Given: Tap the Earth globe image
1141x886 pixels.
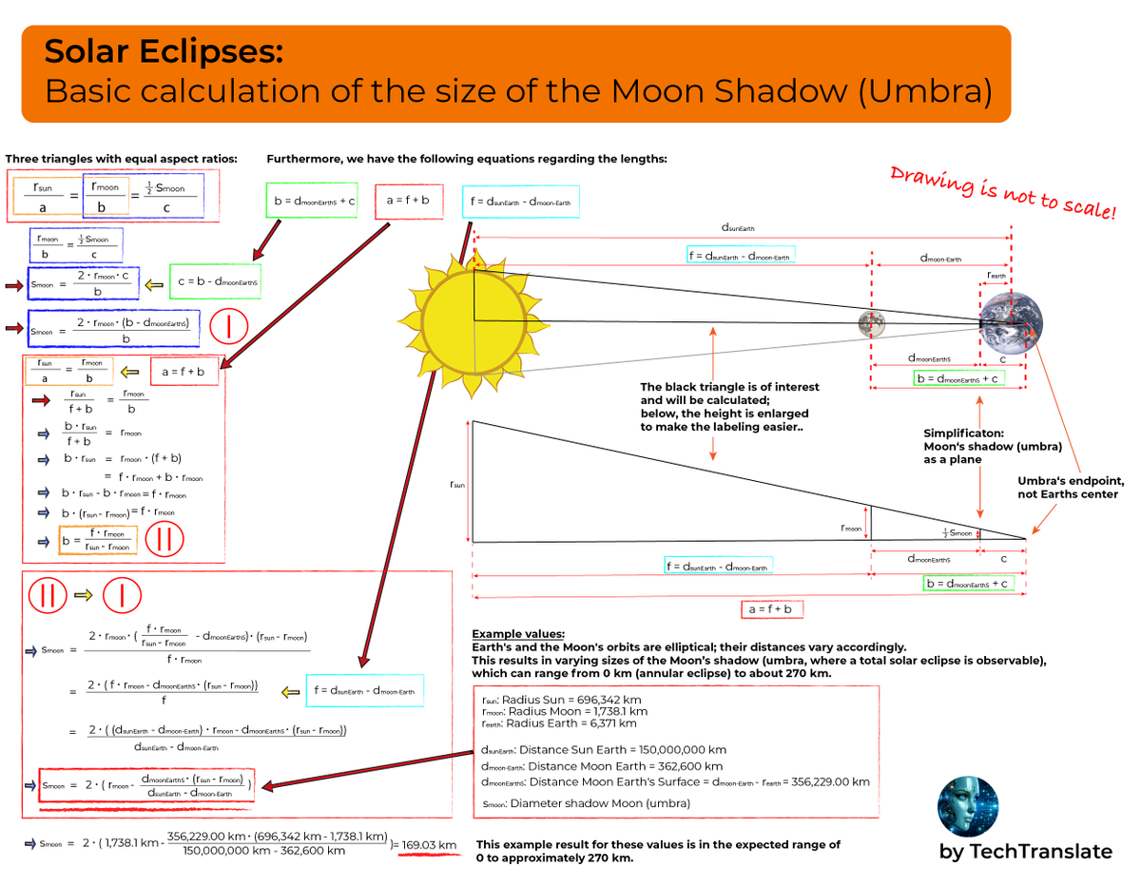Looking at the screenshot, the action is [x=1011, y=324].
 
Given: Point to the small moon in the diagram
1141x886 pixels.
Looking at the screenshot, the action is [x=871, y=323].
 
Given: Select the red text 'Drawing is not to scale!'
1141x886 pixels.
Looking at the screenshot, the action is [x=1002, y=191].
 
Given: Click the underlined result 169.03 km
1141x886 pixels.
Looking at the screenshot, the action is [x=429, y=844].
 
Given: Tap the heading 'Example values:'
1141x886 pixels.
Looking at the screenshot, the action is [x=518, y=634].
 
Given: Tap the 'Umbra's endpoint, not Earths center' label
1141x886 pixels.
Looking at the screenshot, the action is [x=1071, y=487].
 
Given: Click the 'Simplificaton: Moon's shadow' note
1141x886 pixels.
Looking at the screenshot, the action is [x=992, y=446].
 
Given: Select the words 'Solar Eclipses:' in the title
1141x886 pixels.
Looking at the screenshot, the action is [x=164, y=52].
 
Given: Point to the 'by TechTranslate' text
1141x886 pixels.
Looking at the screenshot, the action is [x=1025, y=852].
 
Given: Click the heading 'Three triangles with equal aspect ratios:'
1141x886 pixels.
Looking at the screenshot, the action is [x=122, y=158].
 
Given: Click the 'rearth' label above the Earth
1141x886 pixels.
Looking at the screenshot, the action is [x=996, y=276].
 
